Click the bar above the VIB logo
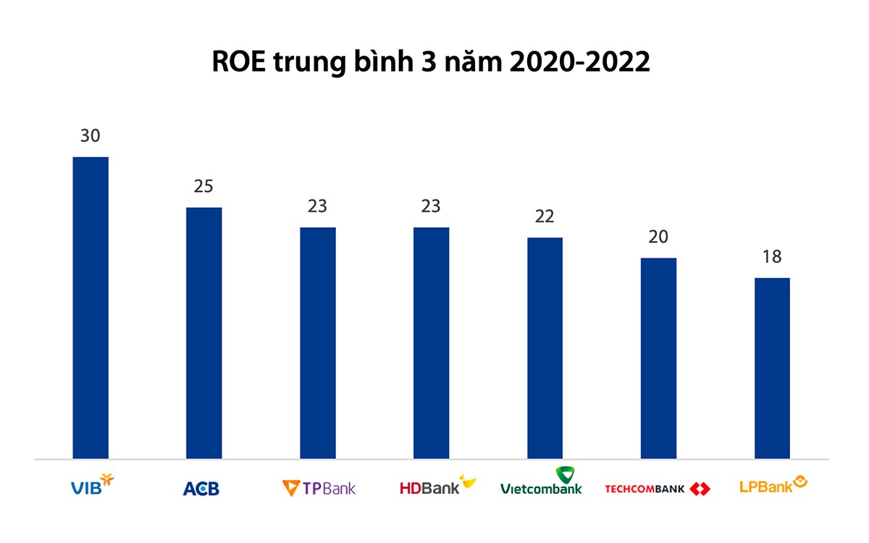[91, 308]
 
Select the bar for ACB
[204, 333]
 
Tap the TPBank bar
[318, 343]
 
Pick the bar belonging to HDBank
[431, 343]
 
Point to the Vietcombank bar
[545, 348]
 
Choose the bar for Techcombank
[658, 358]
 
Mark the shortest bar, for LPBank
[772, 369]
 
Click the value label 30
[91, 135]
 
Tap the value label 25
[204, 186]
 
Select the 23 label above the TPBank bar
[318, 206]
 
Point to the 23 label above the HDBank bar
[431, 206]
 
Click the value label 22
[545, 216]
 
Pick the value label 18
[772, 257]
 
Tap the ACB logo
[201, 489]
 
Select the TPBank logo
[319, 488]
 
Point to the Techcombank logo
[658, 489]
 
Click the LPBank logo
[773, 484]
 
